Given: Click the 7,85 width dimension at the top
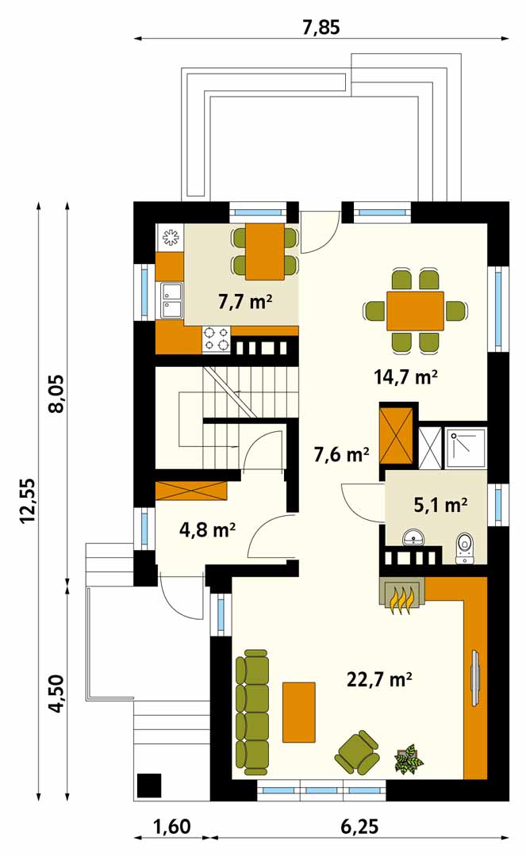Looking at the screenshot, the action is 321,27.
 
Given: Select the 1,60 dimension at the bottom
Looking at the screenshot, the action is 171,826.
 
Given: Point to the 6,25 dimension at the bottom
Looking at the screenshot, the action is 359,826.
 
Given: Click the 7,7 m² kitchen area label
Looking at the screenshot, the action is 245,301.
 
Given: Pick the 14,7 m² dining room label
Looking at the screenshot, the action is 406,376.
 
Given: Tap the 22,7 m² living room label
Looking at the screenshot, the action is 379,679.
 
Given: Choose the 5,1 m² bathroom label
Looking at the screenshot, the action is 440,505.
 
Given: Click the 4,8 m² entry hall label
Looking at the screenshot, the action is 207,529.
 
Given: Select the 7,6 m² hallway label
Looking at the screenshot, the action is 342,453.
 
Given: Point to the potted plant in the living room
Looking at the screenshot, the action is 409,759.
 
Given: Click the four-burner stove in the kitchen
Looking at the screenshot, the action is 217,339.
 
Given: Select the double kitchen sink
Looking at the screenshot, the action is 171,300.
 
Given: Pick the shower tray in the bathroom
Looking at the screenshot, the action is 466,449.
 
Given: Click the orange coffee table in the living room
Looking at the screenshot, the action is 299,712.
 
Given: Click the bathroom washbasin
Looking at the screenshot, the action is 415,537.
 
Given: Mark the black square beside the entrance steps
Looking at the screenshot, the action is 148,785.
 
